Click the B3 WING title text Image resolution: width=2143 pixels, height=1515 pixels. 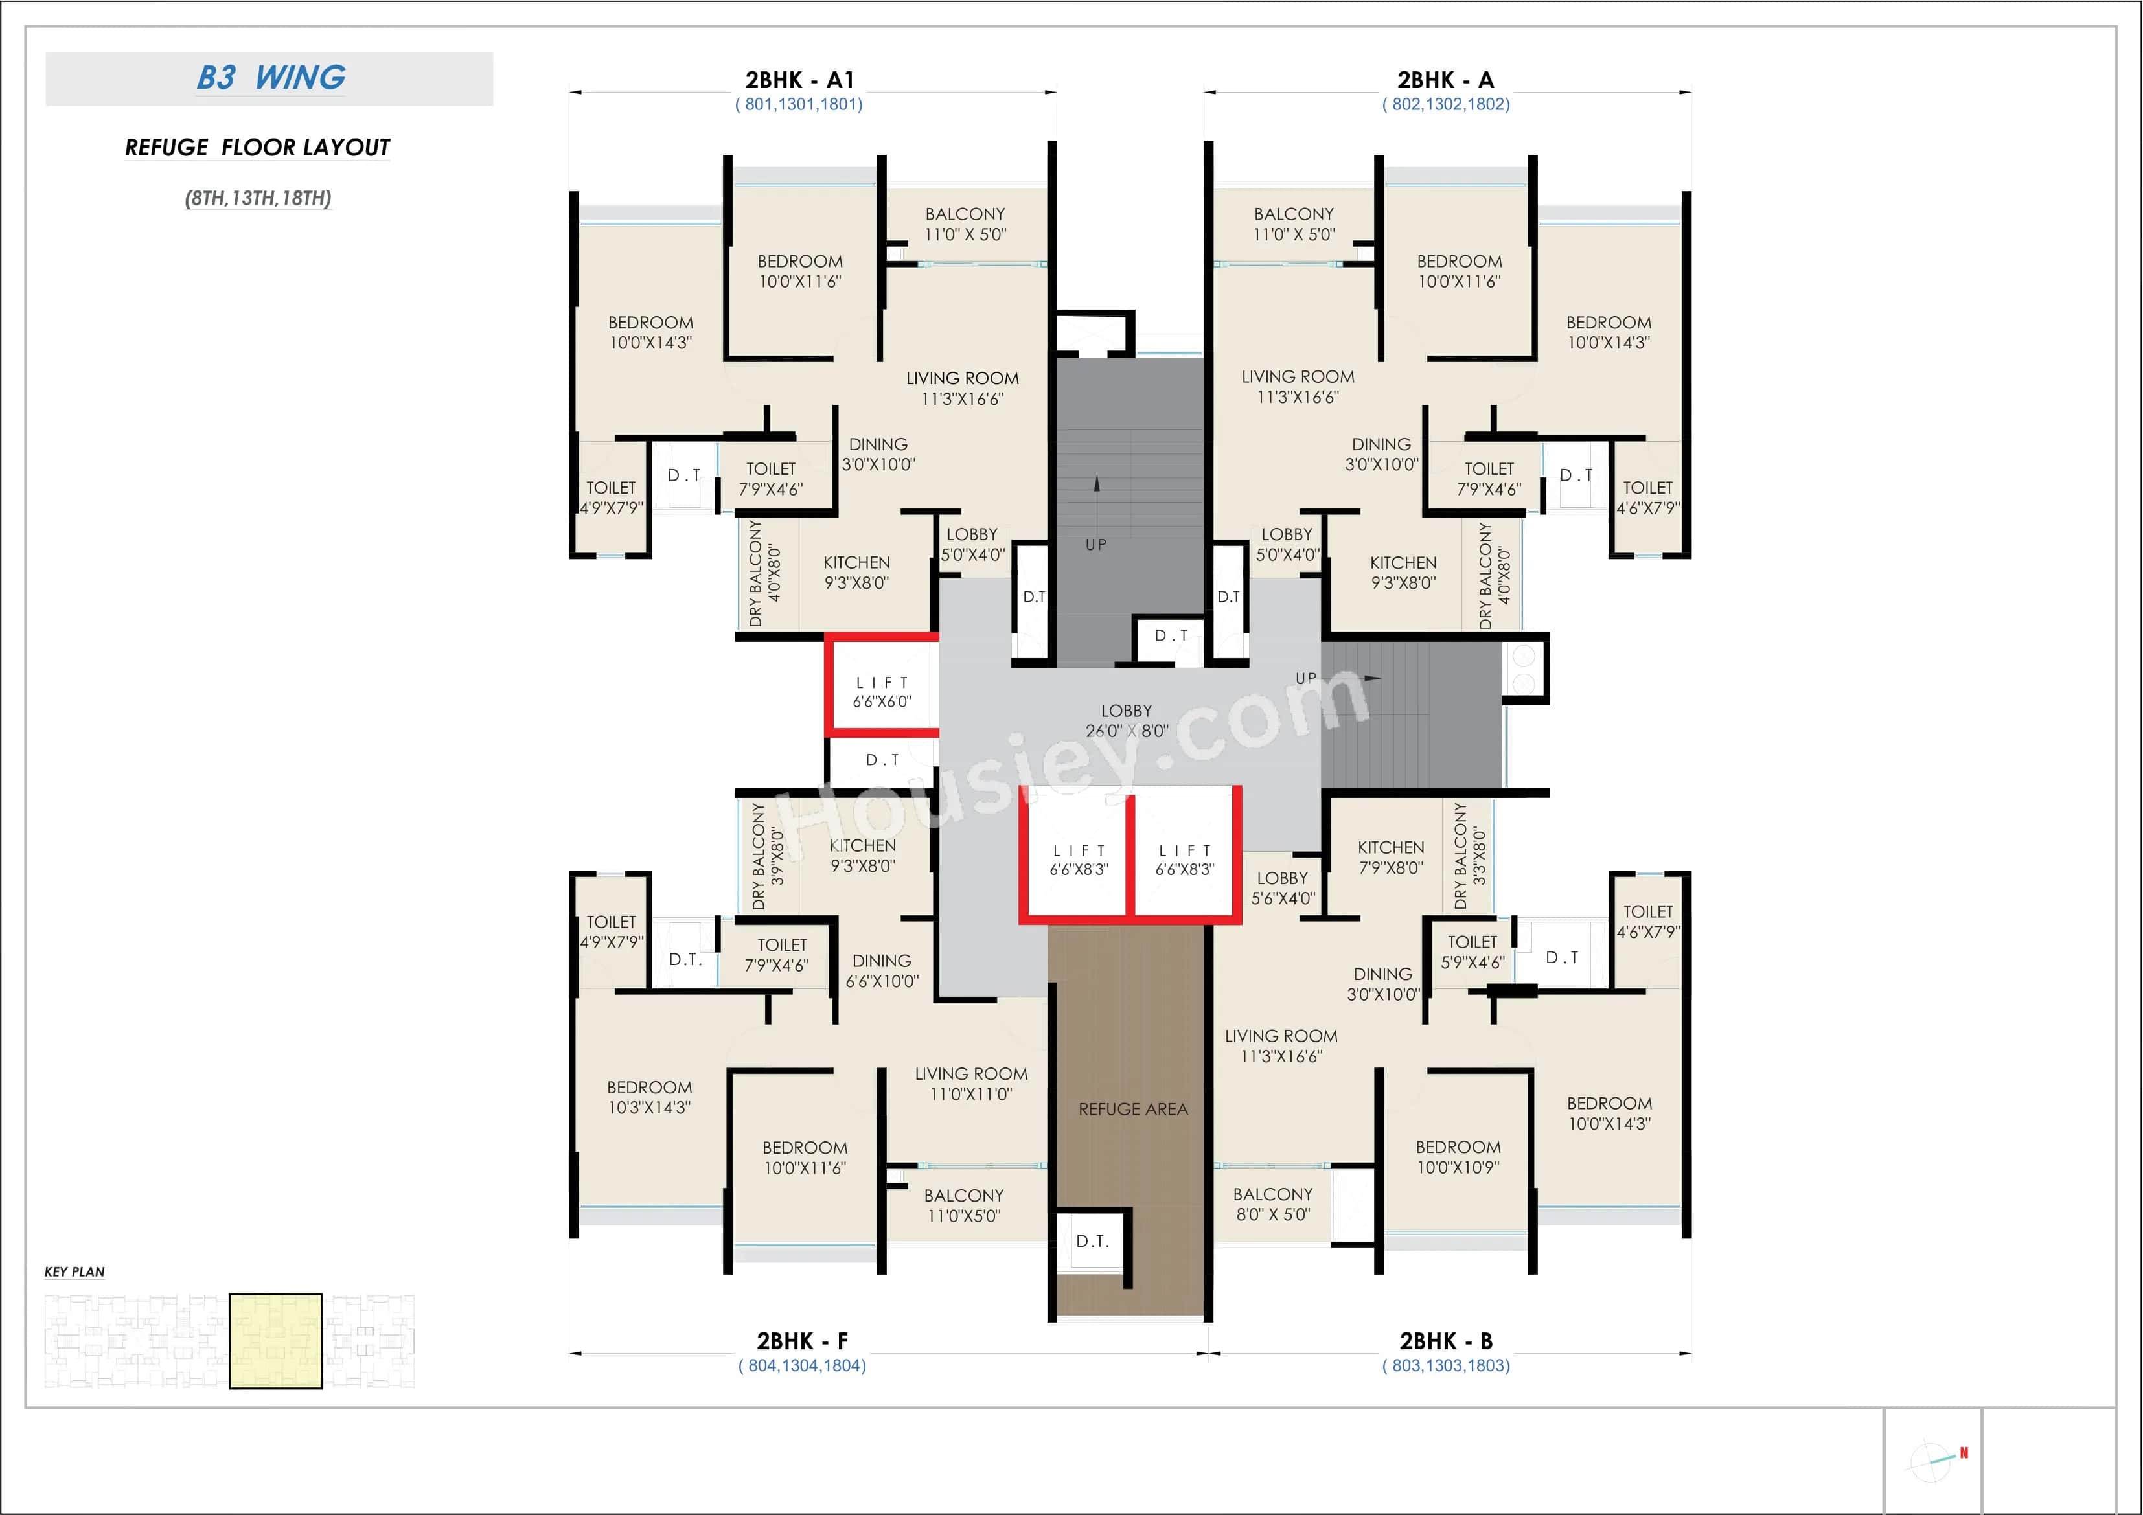[x=271, y=78]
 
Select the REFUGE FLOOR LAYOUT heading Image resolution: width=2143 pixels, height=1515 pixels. [x=258, y=148]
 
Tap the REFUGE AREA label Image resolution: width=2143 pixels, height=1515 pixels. [x=1132, y=1109]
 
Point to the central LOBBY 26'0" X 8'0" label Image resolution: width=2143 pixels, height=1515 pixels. [x=1126, y=721]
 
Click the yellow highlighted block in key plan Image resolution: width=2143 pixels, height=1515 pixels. [x=275, y=1341]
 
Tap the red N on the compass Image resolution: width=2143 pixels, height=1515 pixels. [x=1964, y=1452]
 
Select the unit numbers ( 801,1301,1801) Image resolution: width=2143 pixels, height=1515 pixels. [x=798, y=104]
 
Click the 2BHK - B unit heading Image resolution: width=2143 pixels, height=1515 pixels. [x=1446, y=1341]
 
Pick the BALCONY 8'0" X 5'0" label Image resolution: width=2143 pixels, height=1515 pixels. [x=1272, y=1204]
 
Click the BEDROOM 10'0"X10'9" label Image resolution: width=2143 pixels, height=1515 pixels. [x=1458, y=1157]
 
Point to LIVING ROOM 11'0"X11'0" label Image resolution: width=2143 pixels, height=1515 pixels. [x=970, y=1084]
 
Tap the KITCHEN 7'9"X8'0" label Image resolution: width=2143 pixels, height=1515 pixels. [x=1391, y=857]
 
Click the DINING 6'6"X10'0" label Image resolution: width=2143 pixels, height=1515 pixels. [x=882, y=971]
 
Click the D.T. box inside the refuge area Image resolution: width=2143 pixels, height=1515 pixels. [x=1092, y=1240]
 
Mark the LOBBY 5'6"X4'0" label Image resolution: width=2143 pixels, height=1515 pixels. [x=1283, y=888]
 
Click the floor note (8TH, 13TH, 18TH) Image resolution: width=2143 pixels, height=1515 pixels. [x=258, y=198]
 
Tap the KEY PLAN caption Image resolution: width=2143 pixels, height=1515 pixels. [x=74, y=1271]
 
